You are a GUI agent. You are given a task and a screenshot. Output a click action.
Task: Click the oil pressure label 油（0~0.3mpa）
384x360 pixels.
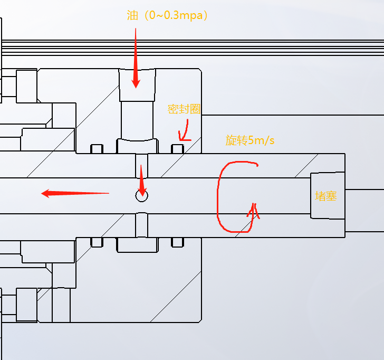[168, 15]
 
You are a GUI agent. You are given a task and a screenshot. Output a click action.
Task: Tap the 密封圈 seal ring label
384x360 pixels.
[185, 109]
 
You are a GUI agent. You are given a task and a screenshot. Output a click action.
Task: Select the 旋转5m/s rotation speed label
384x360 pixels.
[250, 140]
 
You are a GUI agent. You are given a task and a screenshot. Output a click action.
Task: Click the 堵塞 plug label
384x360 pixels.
[326, 196]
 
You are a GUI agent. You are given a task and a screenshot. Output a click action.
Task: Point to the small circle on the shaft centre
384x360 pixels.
[142, 196]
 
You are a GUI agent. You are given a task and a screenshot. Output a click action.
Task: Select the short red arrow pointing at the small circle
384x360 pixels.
[141, 179]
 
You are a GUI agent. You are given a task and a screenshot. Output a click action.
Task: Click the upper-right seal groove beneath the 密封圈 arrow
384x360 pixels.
[178, 149]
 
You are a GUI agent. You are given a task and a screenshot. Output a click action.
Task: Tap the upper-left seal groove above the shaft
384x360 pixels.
[97, 149]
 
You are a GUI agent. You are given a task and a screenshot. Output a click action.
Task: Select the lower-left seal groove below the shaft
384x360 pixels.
[97, 242]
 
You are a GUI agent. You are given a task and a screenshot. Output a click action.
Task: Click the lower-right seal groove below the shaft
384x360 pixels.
[178, 242]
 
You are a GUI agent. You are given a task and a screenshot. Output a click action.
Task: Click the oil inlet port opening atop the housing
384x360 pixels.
[137, 84]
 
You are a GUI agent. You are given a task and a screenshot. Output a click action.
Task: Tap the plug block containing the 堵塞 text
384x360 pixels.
[327, 195]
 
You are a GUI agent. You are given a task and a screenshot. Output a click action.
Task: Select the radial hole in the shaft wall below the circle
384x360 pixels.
[142, 225]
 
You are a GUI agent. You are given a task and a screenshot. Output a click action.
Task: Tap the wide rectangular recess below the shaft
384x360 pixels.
[137, 245]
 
